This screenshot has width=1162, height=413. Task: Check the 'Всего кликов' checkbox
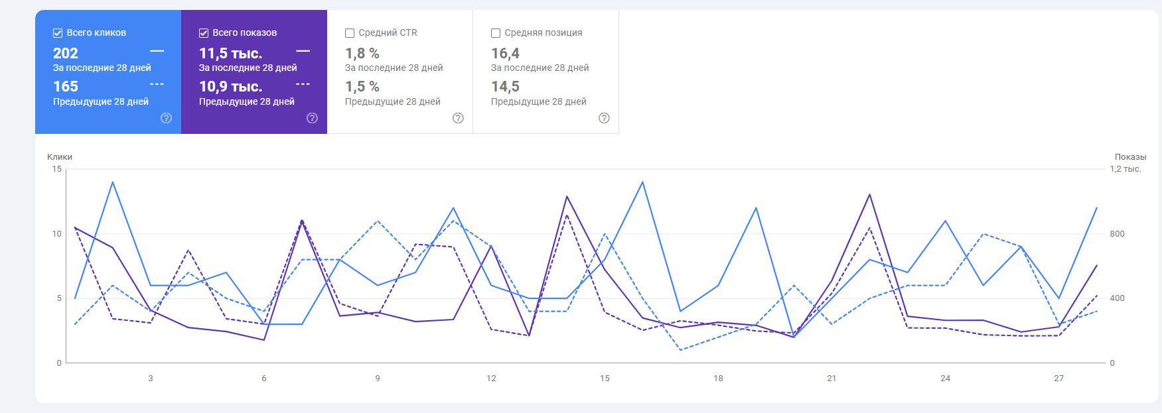tap(58, 33)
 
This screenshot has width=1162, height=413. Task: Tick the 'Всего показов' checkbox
tap(204, 33)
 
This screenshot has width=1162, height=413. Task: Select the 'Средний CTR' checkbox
tap(350, 33)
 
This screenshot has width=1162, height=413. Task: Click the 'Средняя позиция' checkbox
tap(496, 33)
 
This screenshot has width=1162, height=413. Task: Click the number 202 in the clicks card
tap(66, 53)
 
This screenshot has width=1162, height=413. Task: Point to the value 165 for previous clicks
tap(66, 87)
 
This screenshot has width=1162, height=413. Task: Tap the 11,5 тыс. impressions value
tap(230, 53)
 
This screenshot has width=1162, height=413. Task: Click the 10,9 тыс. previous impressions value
tap(230, 87)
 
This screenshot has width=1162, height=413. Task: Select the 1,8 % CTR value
tap(362, 53)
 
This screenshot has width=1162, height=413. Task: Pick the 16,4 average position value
tap(505, 53)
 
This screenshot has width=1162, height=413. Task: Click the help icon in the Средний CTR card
tap(458, 118)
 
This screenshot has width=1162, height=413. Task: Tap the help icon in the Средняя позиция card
tap(604, 118)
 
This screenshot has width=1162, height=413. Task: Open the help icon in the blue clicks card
tap(166, 118)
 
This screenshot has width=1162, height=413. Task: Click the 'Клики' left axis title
tap(60, 157)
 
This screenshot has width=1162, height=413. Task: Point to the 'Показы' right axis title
tap(1130, 157)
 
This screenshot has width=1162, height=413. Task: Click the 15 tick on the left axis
tap(57, 169)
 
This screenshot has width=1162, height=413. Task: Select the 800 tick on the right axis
tap(1117, 234)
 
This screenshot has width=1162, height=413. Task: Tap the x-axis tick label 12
tap(491, 379)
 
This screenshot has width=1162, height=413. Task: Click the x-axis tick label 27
tap(1058, 379)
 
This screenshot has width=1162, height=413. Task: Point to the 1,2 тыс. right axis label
tap(1126, 169)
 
